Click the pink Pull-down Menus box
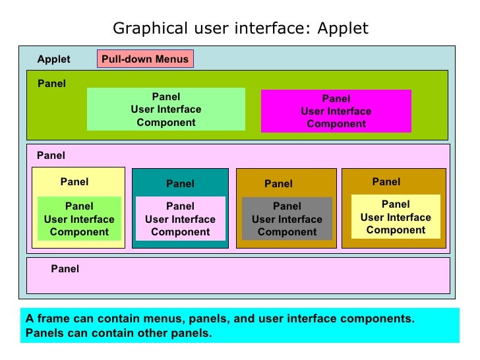click(145, 59)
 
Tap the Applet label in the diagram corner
click(53, 59)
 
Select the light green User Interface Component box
click(166, 109)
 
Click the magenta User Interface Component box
click(336, 111)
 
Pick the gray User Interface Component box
click(287, 219)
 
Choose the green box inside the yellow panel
click(79, 219)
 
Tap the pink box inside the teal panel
click(180, 219)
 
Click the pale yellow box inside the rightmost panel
click(396, 217)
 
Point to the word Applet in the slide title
click(343, 29)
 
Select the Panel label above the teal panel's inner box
click(180, 184)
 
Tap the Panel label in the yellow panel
click(75, 182)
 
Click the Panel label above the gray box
click(278, 184)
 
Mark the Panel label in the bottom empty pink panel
click(65, 269)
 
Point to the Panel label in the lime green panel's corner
click(51, 84)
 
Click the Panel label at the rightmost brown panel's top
click(386, 182)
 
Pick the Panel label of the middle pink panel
click(51, 156)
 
